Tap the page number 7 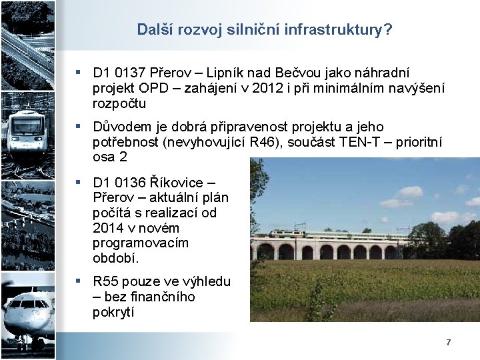point(449,342)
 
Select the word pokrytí point(113,312)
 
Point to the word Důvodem point(120,127)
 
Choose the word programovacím point(141,243)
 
